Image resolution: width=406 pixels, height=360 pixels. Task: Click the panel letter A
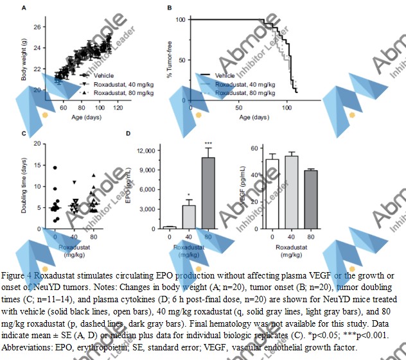24,8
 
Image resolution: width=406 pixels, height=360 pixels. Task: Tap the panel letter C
24,133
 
